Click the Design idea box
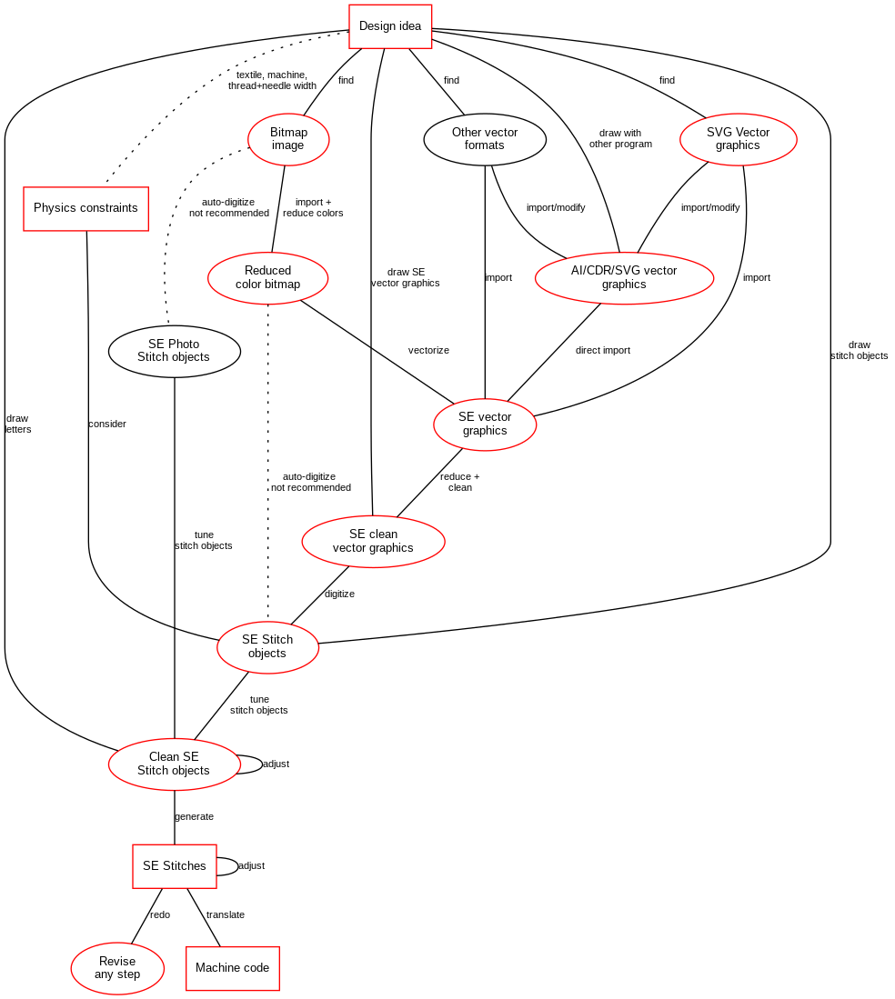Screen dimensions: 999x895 click(x=390, y=26)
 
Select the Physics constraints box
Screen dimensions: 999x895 click(x=85, y=208)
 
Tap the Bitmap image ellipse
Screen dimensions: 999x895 click(x=288, y=139)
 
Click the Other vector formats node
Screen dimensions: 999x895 click(x=485, y=139)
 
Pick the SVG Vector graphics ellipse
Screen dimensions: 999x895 click(x=738, y=139)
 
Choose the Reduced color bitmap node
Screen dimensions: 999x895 click(x=267, y=277)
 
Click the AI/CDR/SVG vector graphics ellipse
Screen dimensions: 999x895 click(x=624, y=277)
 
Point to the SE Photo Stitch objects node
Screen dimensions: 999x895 click(x=174, y=351)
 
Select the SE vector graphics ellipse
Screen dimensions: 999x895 click(x=485, y=424)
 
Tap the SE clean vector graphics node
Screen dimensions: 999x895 click(x=373, y=541)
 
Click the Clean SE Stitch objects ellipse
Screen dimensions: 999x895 click(x=174, y=764)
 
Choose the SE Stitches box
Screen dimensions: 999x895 click(x=175, y=866)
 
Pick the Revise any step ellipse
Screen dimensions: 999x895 click(x=117, y=968)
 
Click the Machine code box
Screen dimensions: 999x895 click(x=232, y=968)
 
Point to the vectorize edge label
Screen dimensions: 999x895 click(x=428, y=350)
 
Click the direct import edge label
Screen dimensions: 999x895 click(x=602, y=350)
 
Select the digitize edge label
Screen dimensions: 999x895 click(x=339, y=594)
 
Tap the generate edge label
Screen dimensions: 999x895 click(x=194, y=816)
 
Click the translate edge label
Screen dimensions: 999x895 click(x=225, y=914)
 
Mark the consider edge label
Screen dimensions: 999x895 click(x=107, y=424)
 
